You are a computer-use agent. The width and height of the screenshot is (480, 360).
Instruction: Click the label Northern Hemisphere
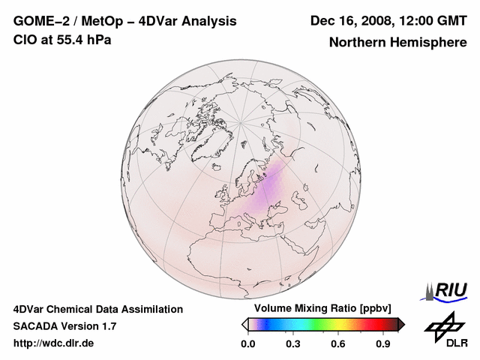[397, 43]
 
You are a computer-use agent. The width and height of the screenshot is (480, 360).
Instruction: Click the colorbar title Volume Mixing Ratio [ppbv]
[323, 309]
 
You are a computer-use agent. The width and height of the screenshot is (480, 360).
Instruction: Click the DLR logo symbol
[442, 326]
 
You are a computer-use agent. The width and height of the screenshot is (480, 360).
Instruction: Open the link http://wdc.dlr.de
[54, 343]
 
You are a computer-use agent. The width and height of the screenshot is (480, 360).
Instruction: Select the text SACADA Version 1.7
[64, 326]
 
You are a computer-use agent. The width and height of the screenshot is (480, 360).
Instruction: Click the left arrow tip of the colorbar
[244, 324]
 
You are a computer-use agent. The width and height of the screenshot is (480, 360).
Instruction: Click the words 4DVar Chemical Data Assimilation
[98, 309]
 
